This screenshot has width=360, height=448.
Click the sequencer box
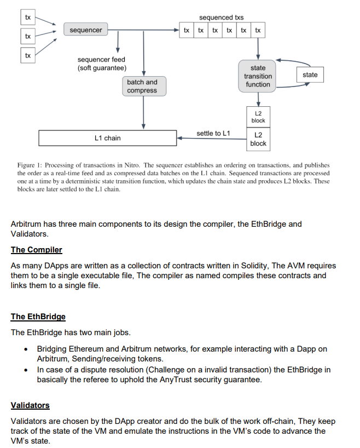pyautogui.click(x=86, y=30)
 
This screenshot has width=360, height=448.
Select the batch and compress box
pyautogui.click(x=142, y=87)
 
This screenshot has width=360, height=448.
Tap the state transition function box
pyautogui.click(x=258, y=76)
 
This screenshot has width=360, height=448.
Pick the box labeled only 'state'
pyautogui.click(x=310, y=74)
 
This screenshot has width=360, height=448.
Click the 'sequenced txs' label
pyautogui.click(x=222, y=18)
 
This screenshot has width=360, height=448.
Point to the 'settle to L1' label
pyautogui.click(x=213, y=133)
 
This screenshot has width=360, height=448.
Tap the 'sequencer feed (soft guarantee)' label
pyautogui.click(x=102, y=64)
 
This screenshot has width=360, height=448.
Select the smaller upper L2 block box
pyautogui.click(x=258, y=117)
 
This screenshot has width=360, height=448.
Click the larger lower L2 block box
pyautogui.click(x=258, y=139)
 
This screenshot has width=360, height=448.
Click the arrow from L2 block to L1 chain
pyautogui.click(x=213, y=139)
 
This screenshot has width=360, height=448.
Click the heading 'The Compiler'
pyautogui.click(x=37, y=250)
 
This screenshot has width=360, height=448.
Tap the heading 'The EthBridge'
pyautogui.click(x=38, y=317)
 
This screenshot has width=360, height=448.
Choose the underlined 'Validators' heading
pyautogui.click(x=30, y=405)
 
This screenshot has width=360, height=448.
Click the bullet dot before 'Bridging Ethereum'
pyautogui.click(x=26, y=349)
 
